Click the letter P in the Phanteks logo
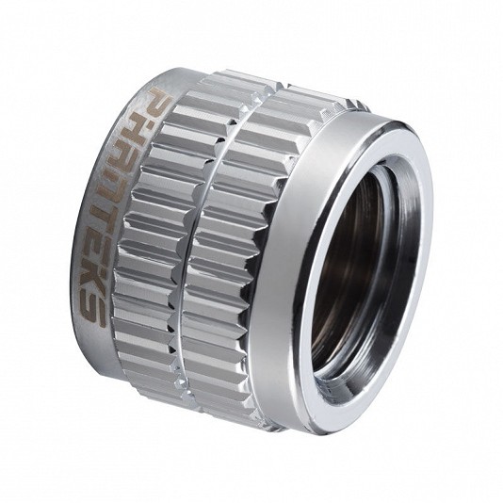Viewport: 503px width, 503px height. pyautogui.click(x=158, y=102)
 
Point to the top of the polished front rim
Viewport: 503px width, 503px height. pyautogui.click(x=398, y=127)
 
